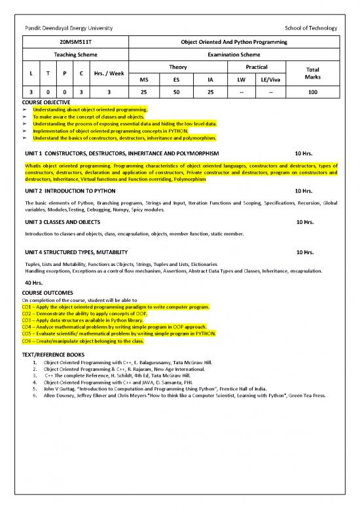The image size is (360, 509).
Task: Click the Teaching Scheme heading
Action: point(75,54)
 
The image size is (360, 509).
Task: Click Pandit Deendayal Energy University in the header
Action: point(68,28)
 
